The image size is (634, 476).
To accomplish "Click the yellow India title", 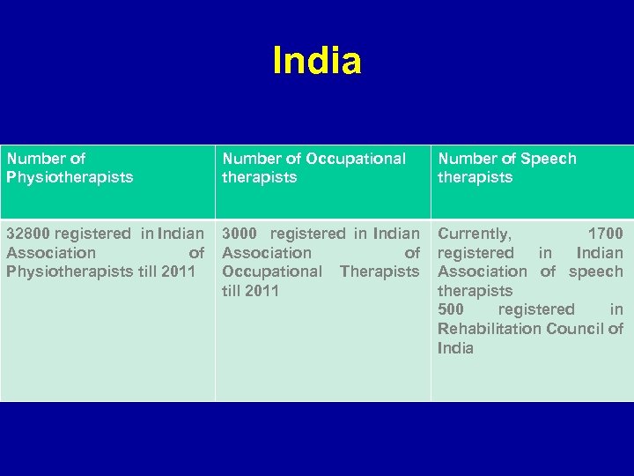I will (x=317, y=62).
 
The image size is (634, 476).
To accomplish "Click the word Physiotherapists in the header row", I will (x=70, y=177).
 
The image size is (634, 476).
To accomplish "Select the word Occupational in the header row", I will (x=356, y=159).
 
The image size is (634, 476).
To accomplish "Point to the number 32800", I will (x=28, y=234).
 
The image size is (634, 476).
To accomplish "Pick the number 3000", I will (x=240, y=234).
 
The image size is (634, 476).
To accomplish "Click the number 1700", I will (x=605, y=234).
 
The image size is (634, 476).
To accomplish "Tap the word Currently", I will (x=474, y=234).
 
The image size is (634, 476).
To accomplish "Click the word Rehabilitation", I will (x=487, y=329).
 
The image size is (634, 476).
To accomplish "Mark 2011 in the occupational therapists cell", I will (x=262, y=291).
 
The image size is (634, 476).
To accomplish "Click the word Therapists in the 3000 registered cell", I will (x=380, y=271).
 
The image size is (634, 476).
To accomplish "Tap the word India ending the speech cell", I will (x=455, y=348).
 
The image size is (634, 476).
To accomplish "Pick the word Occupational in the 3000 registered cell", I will (x=272, y=271).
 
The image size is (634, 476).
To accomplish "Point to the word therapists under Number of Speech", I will (x=475, y=177).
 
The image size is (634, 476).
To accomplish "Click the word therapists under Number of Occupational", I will (x=259, y=177).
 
